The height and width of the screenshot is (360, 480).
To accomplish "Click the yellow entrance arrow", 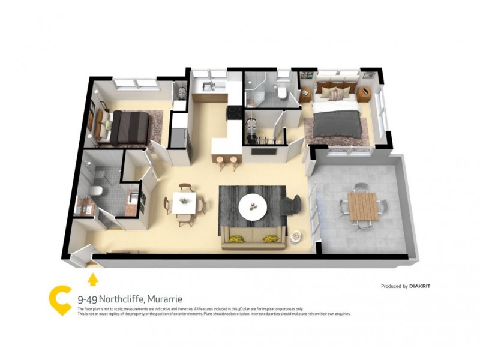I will tap(92, 278).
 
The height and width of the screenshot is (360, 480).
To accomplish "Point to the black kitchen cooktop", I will tap(235, 112).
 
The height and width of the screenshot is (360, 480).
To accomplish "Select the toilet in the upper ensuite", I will tap(281, 92).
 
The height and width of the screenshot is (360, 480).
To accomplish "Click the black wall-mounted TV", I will tap(264, 150).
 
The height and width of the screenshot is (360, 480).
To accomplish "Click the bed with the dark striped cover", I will tap(129, 127).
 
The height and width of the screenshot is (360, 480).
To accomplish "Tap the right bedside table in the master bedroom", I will tap(364, 94).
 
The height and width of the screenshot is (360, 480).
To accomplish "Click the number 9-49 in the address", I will tap(88, 298).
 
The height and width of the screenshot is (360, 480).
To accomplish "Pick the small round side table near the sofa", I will tap(295, 236).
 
